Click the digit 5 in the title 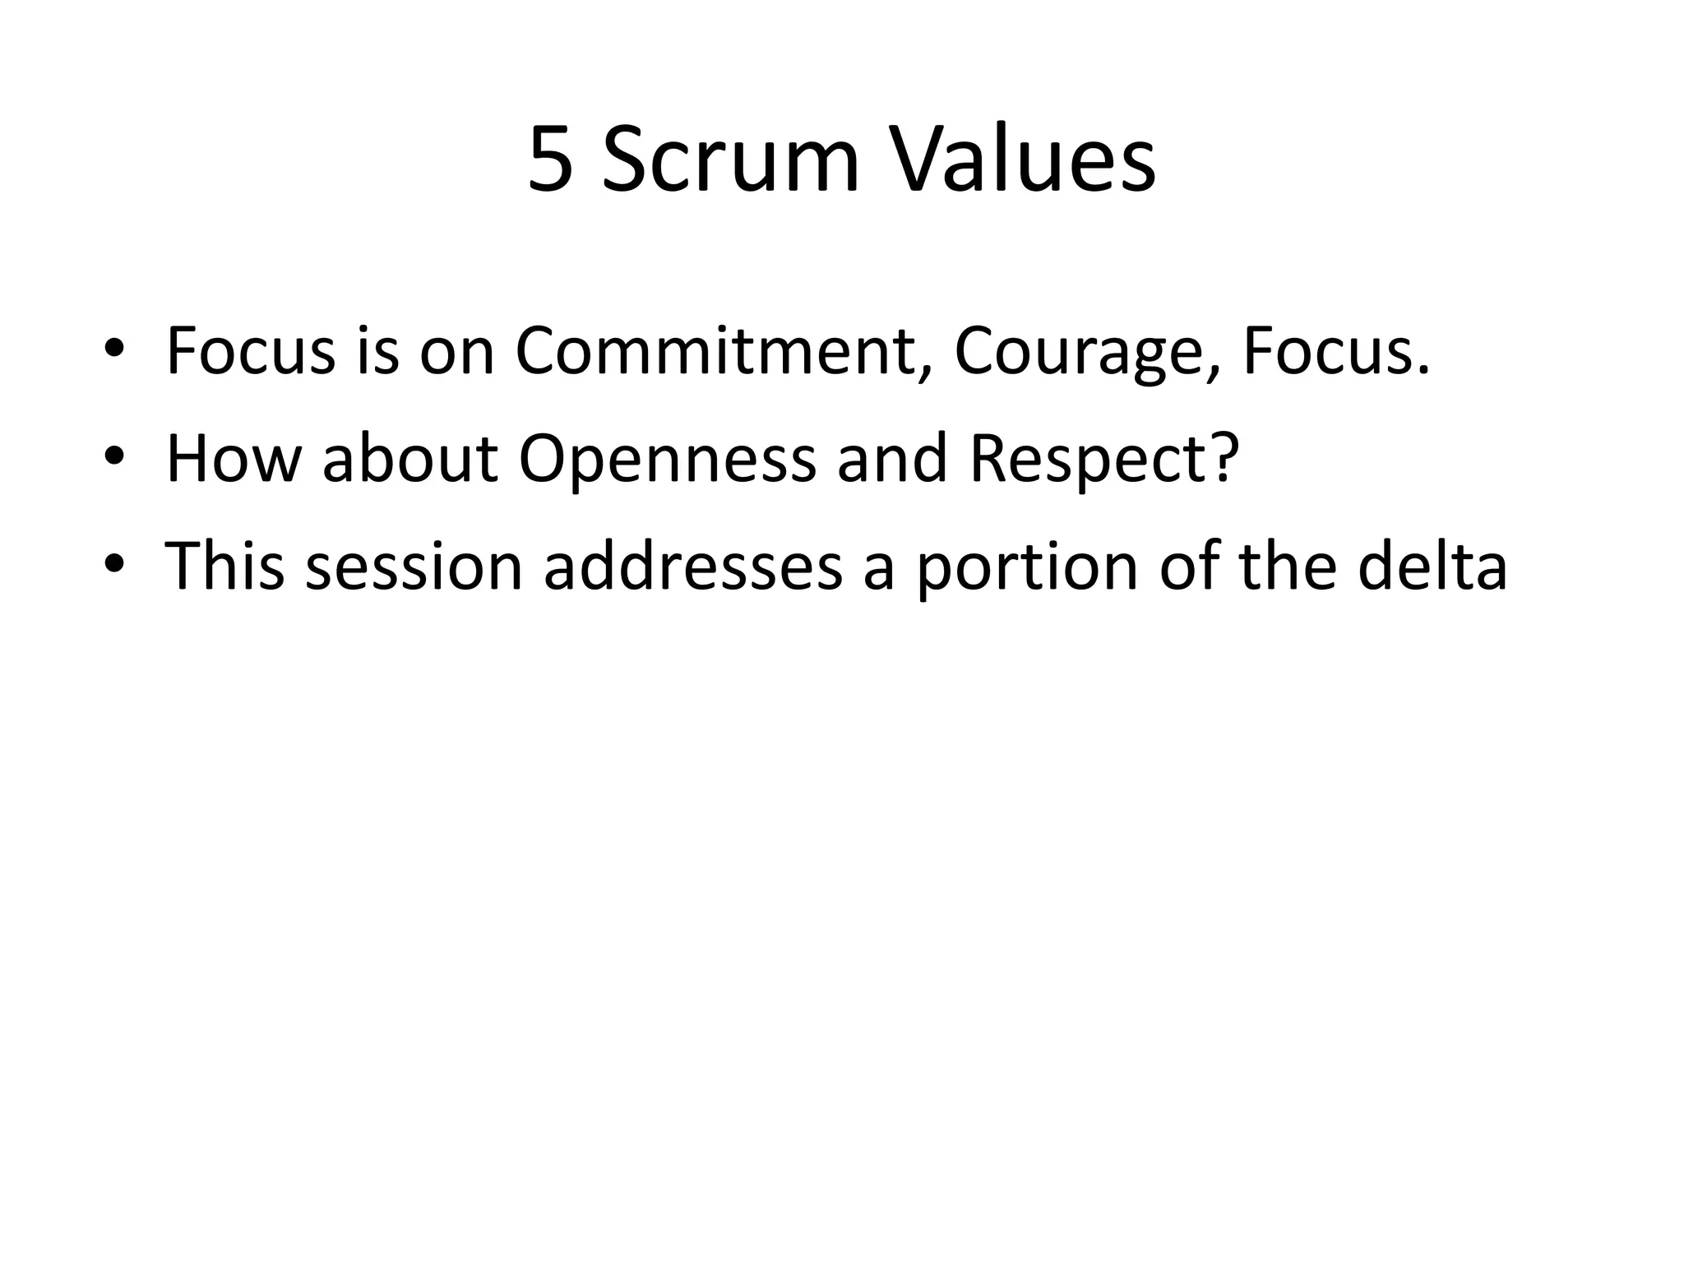[x=550, y=160]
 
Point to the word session [x=414, y=567]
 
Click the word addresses [x=693, y=567]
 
